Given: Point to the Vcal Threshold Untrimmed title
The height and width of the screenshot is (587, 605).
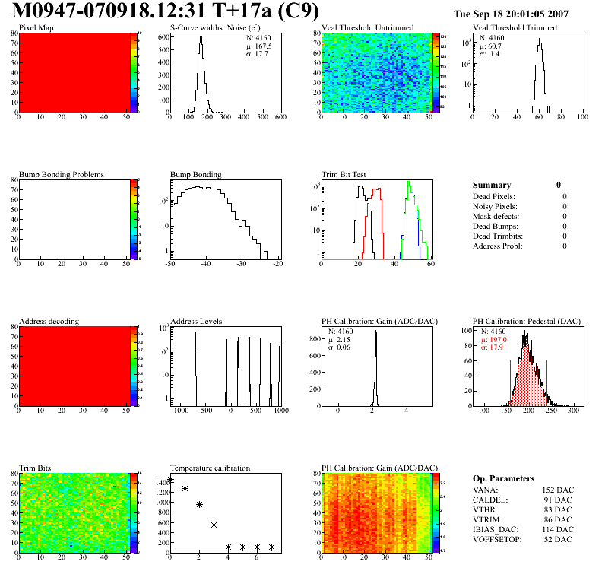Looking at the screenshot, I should (x=367, y=28).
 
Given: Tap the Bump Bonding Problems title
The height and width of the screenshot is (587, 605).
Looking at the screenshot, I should (x=61, y=174).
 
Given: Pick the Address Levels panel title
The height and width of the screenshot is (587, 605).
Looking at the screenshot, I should (x=196, y=321).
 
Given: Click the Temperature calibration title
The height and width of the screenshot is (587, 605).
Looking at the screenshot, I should (x=210, y=468).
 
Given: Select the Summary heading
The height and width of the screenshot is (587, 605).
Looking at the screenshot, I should (x=492, y=185).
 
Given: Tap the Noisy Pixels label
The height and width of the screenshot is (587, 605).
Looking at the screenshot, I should (x=494, y=206).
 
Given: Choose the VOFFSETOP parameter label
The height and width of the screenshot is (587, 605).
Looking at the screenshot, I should (x=496, y=539).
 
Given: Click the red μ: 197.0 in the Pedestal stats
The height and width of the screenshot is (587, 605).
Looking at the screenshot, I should (x=495, y=341).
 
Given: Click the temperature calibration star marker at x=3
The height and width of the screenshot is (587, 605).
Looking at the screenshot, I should (x=214, y=525).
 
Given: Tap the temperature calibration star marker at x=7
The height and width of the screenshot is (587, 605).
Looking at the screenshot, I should (x=271, y=547).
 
